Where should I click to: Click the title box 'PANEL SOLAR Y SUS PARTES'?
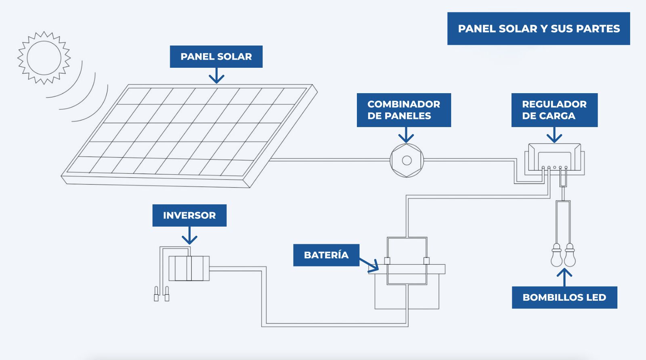[539, 29]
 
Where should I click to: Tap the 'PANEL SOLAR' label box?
[216, 57]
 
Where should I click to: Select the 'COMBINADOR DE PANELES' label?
[404, 110]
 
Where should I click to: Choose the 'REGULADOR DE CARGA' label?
[554, 110]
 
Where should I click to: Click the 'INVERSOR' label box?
[189, 215]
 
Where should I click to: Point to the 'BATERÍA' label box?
[326, 255]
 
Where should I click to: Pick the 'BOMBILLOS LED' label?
[564, 297]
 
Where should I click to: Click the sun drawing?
[44, 58]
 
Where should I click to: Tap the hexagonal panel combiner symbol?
[407, 161]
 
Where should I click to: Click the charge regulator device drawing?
[554, 159]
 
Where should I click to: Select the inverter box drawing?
[189, 268]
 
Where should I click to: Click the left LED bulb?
[556, 255]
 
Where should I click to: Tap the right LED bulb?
[570, 255]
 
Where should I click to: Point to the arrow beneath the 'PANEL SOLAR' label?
[216, 75]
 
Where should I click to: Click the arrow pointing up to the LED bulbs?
[564, 277]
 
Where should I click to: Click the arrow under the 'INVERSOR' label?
[189, 235]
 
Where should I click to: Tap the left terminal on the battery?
[387, 261]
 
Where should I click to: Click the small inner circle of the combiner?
[407, 161]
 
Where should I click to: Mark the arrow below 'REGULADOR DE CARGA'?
[554, 135]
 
